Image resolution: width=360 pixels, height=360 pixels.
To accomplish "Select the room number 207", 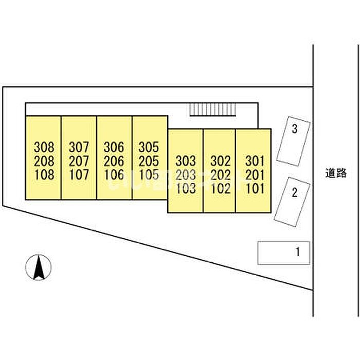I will tap(79, 161).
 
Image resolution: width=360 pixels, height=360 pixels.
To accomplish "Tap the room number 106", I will tap(114, 174).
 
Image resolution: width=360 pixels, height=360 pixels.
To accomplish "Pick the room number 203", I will tap(186, 174).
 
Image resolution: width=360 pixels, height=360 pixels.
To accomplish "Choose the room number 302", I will tap(220, 161).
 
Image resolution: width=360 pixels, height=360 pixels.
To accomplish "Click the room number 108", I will tap(44, 174).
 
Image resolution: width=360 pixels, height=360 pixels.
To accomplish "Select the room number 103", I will tap(186, 188).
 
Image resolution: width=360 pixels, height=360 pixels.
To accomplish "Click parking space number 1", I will tap(297, 253).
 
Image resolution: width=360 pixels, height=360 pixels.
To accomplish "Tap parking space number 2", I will tap(295, 193).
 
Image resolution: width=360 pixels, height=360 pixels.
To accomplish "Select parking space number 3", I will tap(294, 129).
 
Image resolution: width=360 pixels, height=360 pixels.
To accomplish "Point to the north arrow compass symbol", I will tap(39, 267).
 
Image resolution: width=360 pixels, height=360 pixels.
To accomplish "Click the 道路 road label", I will tap(336, 173).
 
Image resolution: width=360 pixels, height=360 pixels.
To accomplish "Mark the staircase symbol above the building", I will tap(212, 109).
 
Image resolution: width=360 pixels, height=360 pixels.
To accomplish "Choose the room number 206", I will tap(114, 161).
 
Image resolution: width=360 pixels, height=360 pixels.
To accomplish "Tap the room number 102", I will tap(220, 188).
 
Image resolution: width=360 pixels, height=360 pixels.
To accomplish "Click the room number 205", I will tap(149, 161).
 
